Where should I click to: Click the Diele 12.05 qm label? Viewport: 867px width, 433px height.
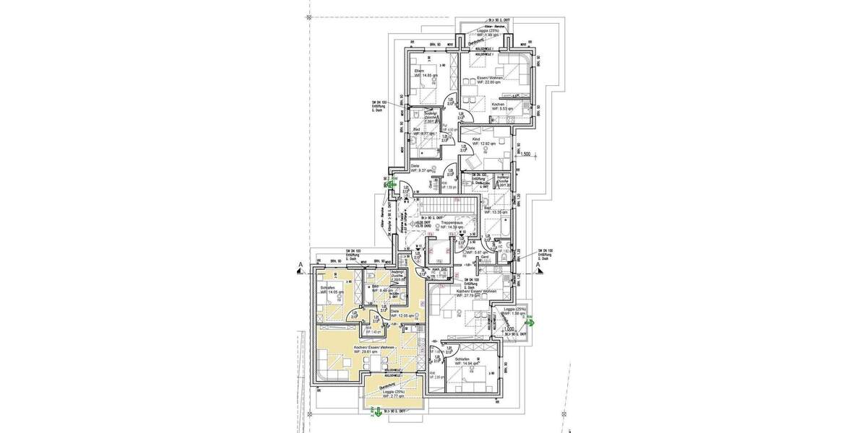point(400,313)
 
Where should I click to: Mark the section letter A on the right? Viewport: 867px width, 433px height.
point(539,266)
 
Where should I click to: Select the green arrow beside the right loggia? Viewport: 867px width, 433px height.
point(530,324)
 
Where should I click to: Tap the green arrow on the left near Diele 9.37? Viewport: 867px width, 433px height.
point(391,185)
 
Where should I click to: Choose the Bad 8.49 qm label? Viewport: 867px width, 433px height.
point(377,290)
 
